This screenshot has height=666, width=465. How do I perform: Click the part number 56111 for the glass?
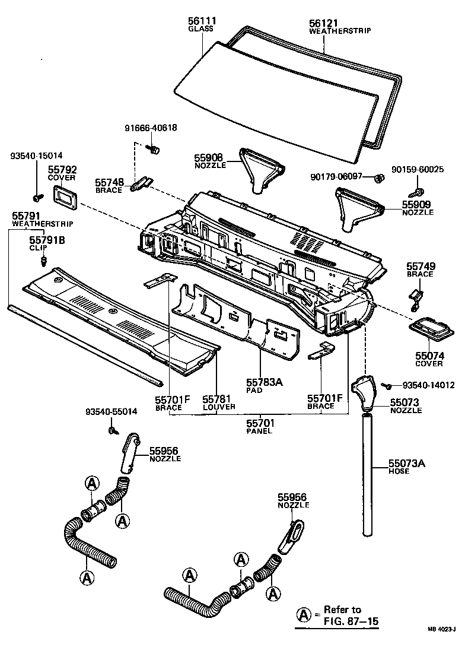tap(202, 21)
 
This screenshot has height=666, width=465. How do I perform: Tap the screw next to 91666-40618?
tap(155, 149)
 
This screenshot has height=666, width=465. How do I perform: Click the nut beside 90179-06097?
tap(377, 177)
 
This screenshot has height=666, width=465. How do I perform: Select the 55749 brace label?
tap(419, 267)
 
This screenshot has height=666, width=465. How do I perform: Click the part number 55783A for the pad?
tap(264, 382)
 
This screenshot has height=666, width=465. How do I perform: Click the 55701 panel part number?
tap(260, 423)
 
